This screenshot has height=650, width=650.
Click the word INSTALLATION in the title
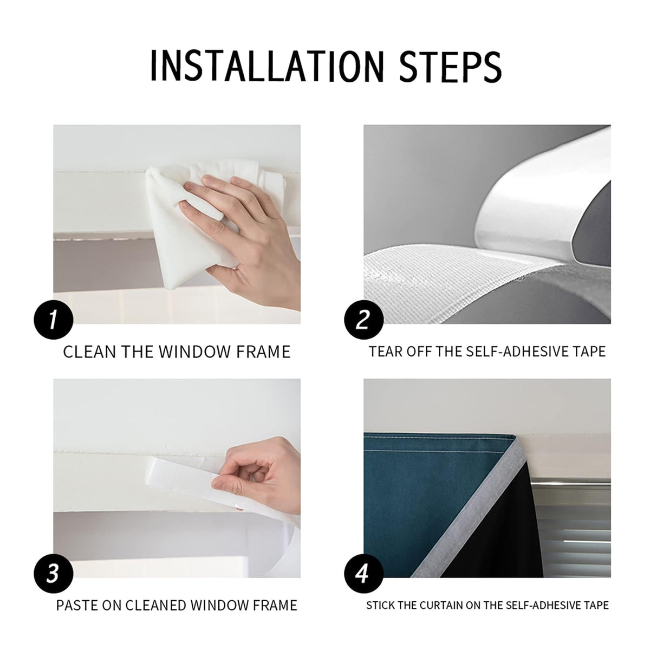click(267, 66)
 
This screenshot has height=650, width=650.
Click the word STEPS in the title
click(450, 66)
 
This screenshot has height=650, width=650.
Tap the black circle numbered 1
click(53, 320)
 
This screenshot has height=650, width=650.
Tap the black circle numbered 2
click(363, 320)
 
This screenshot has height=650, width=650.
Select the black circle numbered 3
click(53, 574)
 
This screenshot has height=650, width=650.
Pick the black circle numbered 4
click(363, 574)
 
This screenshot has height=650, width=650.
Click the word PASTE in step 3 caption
click(76, 606)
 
